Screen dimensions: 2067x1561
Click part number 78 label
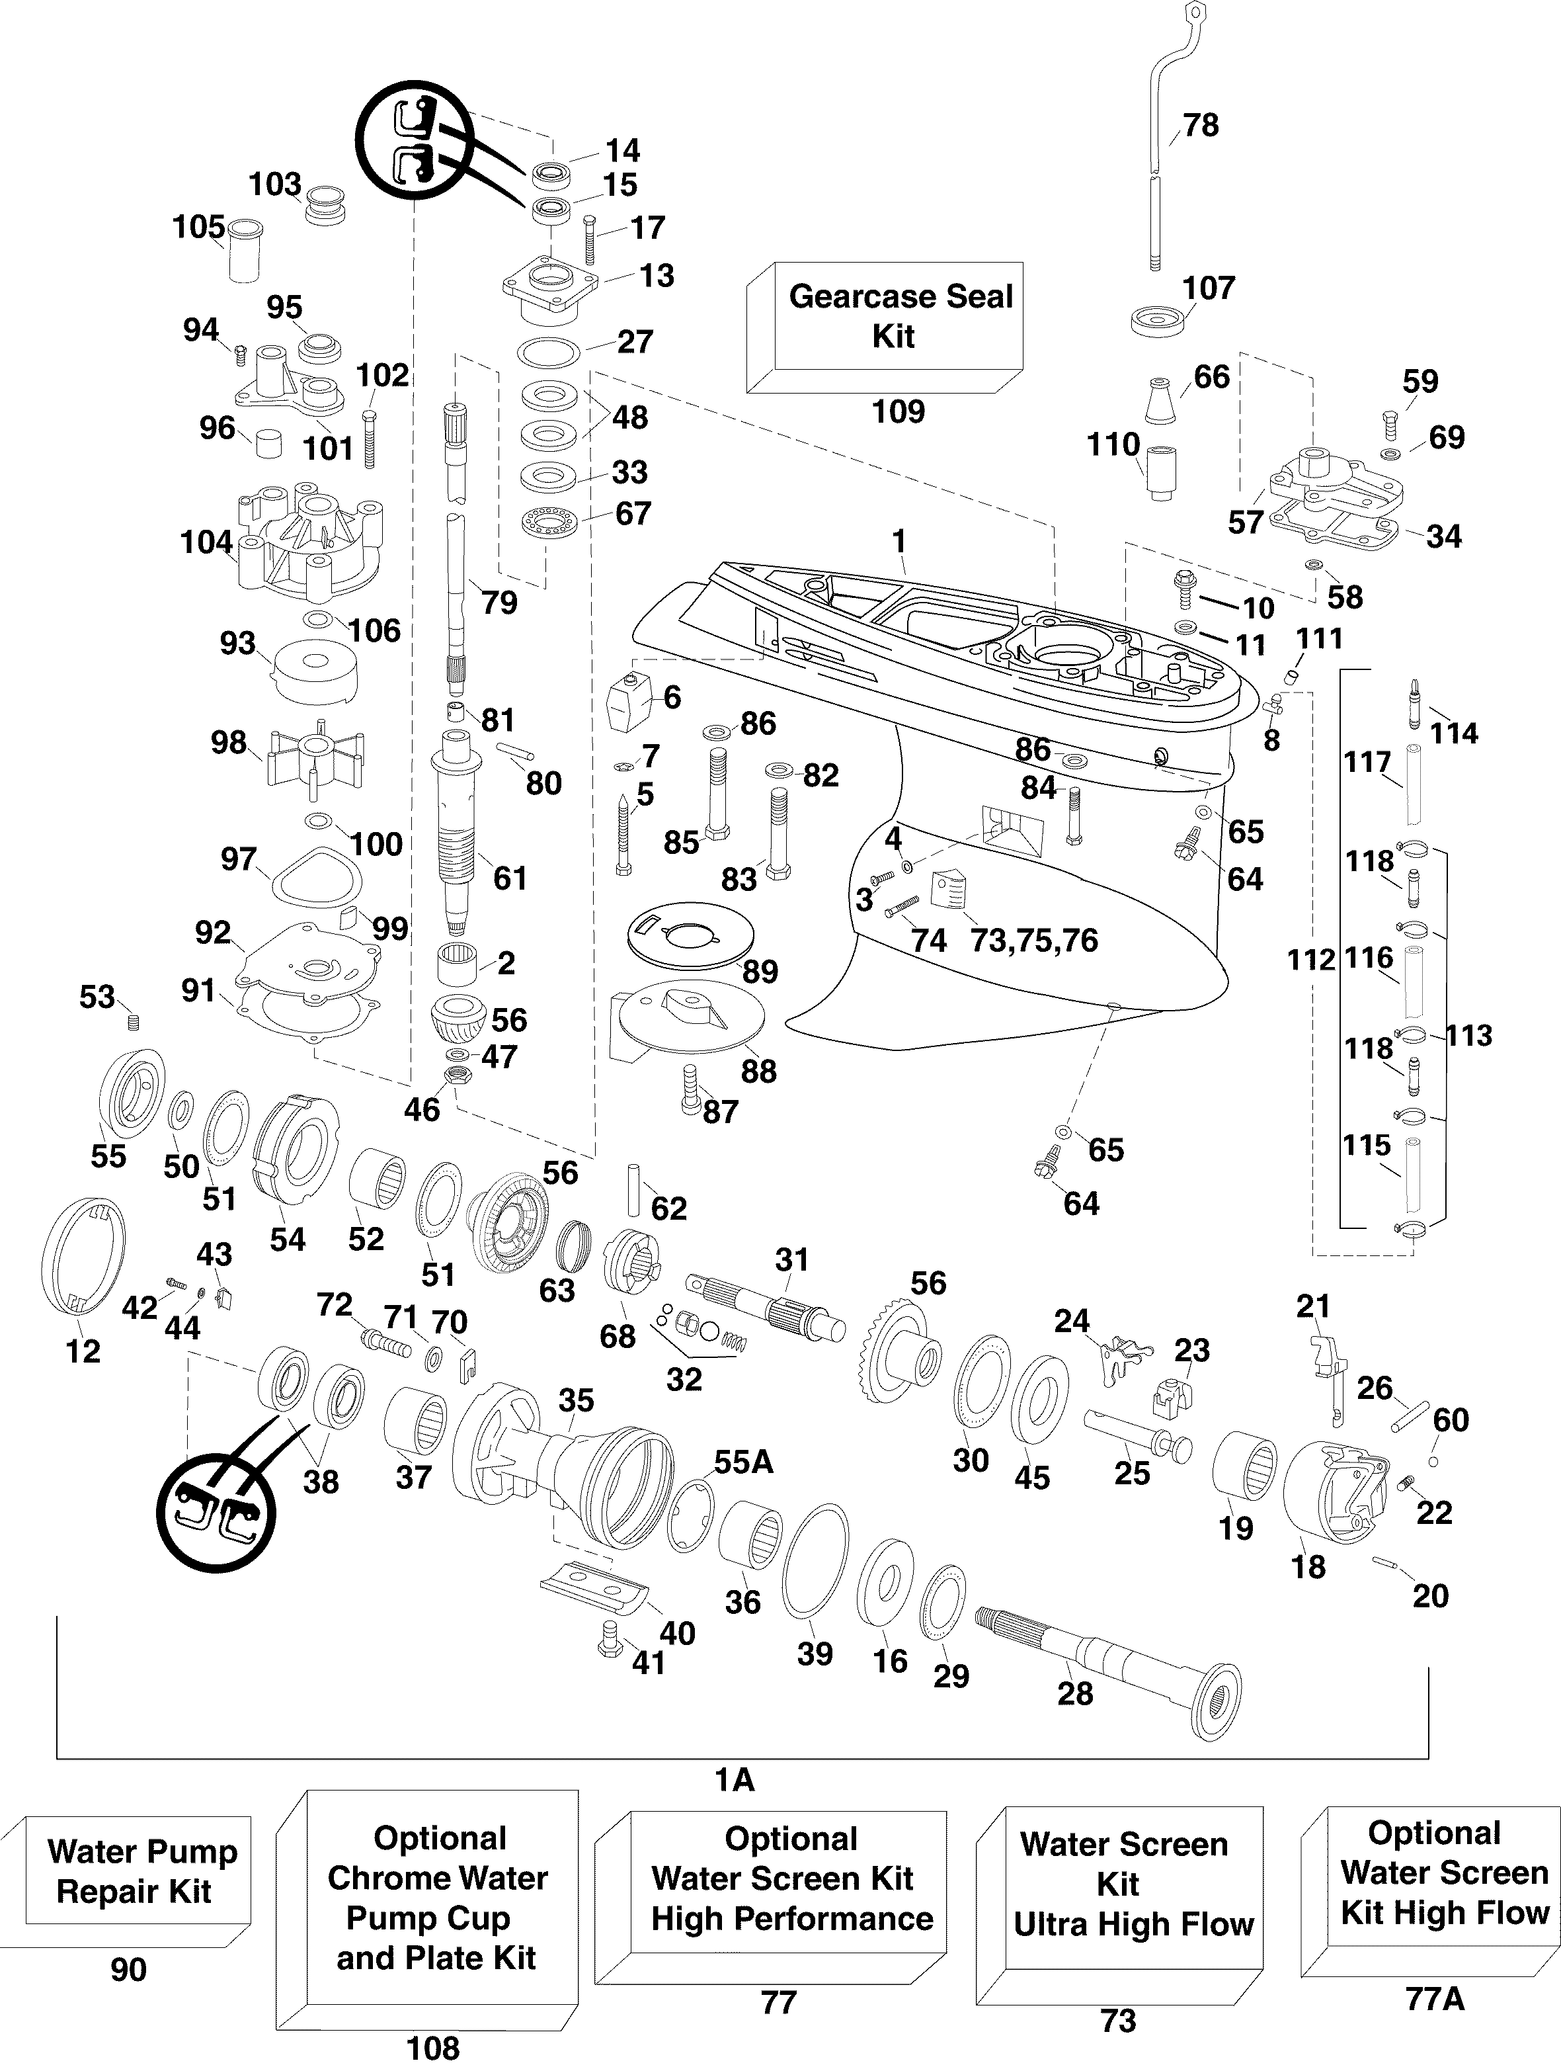tap(1201, 125)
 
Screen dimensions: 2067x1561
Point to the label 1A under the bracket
tap(735, 1780)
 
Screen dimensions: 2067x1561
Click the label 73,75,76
tap(1034, 939)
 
